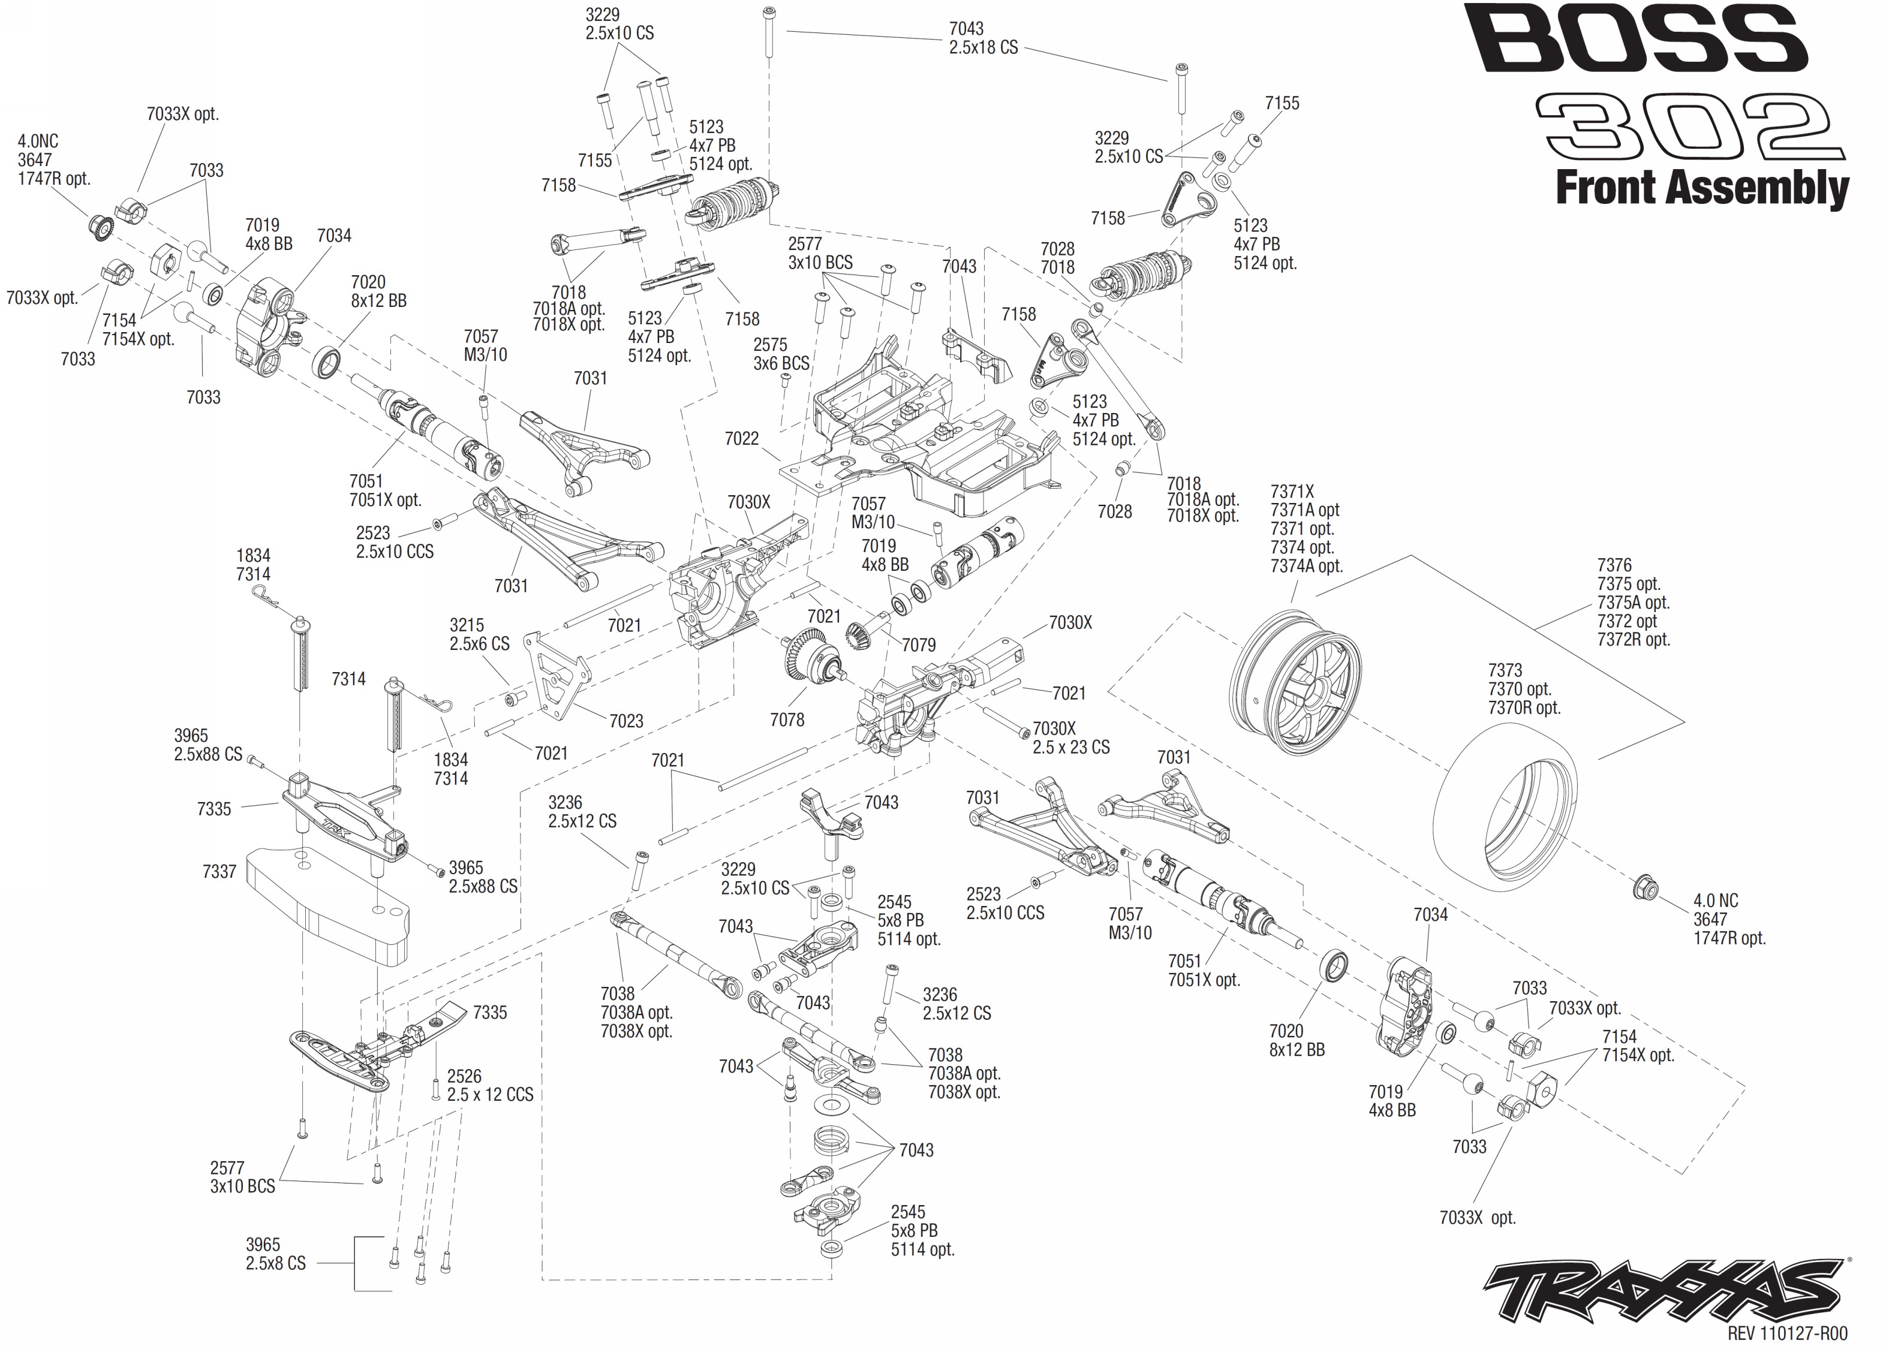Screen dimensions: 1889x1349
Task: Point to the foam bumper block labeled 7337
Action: click(328, 905)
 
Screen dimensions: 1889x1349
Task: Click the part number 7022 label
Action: click(741, 439)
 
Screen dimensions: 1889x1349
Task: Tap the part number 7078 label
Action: click(787, 719)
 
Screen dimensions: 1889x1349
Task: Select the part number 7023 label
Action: click(625, 721)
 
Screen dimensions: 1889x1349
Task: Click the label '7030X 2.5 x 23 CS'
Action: click(1071, 737)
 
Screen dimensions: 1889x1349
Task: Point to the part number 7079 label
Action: click(918, 645)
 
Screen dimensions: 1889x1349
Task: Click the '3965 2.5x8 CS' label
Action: click(276, 1254)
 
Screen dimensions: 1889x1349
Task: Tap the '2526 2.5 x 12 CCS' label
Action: click(490, 1085)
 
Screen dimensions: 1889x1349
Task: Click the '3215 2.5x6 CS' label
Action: click(479, 634)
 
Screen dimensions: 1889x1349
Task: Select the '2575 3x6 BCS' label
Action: click(781, 354)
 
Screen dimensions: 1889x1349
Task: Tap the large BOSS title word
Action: click(1637, 38)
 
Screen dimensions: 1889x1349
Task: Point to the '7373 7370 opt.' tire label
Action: click(1524, 689)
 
